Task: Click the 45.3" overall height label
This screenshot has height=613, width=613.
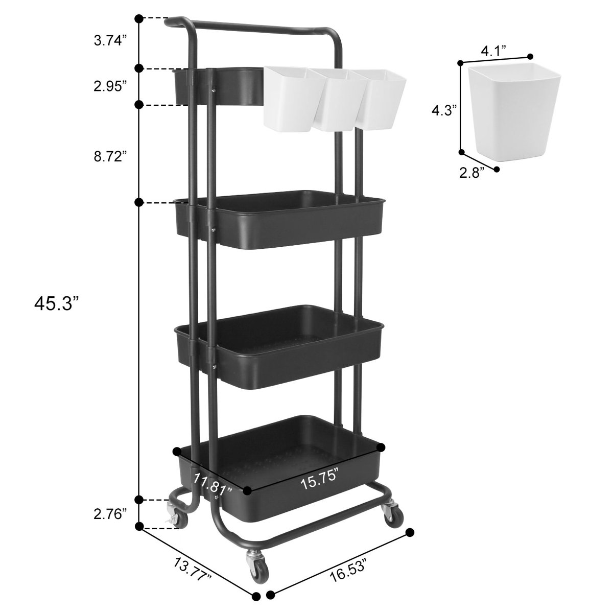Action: click(x=57, y=303)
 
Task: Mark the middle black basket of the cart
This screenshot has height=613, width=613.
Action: click(x=278, y=347)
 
